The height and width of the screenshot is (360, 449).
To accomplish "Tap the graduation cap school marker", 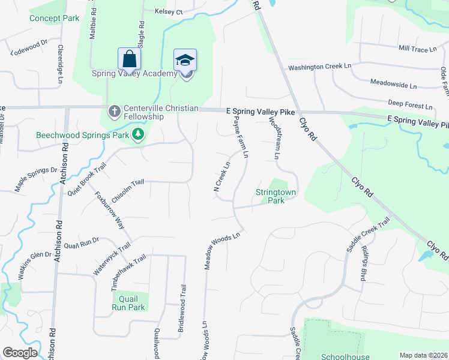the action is pos(185,60).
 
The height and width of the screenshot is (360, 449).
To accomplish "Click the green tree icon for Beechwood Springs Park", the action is pos(139,134).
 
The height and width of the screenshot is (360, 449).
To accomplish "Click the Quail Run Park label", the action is pos(128,303).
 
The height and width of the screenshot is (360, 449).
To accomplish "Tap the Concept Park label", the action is pos(55,18).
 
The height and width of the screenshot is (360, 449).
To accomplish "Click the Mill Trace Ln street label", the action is pos(417,48).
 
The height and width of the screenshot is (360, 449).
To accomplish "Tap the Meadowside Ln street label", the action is pos(393,85).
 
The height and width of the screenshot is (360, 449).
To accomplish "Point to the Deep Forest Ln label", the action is pos(410,104).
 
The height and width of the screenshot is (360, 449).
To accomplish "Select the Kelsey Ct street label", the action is pos(169,11).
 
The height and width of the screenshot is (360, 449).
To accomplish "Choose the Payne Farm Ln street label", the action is pos(240,137).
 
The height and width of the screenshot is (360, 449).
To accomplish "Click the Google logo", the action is pos(20,353).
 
